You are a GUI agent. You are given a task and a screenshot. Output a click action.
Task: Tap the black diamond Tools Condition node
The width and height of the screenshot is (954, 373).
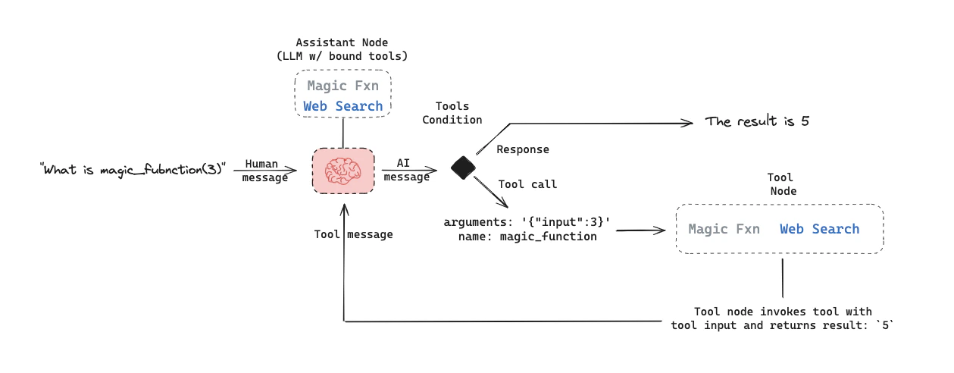[462, 168]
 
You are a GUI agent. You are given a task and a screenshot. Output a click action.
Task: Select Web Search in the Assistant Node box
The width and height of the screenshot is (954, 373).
[343, 106]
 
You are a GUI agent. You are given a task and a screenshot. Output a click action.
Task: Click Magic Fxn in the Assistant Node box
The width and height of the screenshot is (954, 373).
[343, 86]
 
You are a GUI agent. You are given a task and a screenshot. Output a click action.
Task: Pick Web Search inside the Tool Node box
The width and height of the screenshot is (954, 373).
[819, 229]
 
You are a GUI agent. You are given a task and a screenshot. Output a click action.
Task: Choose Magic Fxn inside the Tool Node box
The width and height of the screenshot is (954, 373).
[724, 229]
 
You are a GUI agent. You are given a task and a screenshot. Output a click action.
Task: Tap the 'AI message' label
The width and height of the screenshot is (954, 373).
[406, 170]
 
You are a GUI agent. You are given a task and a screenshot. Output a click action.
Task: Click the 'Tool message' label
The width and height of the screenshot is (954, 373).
[353, 234]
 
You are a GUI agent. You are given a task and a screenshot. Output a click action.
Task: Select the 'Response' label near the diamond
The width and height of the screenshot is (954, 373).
[523, 149]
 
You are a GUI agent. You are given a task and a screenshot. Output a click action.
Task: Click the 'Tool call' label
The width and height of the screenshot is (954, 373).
[527, 184]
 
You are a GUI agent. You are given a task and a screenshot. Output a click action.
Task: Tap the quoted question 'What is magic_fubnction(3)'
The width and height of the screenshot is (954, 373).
[133, 168]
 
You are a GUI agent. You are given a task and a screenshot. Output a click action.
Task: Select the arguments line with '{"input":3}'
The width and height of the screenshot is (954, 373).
[527, 222]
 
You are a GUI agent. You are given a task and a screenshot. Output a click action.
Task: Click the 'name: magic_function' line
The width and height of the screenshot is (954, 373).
[527, 237]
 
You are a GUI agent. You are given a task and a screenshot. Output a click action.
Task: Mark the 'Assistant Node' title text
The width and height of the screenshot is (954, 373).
[343, 42]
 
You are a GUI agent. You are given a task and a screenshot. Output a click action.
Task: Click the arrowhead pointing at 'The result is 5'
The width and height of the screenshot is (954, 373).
[690, 123]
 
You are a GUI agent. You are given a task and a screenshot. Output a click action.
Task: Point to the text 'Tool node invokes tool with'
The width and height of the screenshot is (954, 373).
[783, 312]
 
